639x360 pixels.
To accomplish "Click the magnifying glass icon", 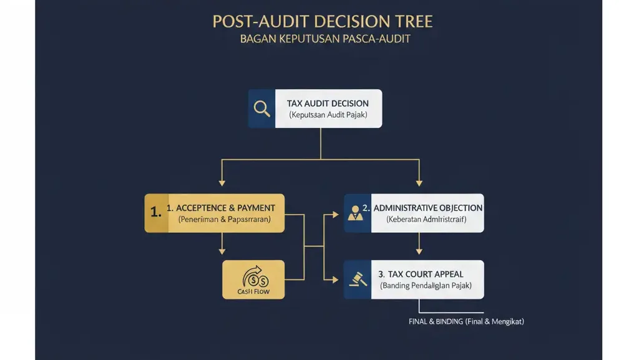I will coord(262,109).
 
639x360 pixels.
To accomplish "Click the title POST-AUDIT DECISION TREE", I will coord(322,21).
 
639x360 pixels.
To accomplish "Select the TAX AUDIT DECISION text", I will coord(328,104).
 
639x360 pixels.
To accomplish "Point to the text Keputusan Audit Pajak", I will coord(328,115).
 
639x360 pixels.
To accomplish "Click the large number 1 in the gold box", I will coord(156,212).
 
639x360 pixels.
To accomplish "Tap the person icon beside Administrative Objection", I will coord(356,213).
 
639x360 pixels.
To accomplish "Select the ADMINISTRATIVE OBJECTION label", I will coord(427,208).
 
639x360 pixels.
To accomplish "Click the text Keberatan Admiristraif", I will coord(426,220).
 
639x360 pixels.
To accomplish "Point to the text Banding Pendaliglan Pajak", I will coord(426,286).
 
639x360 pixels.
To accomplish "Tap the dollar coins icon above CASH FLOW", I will coord(253,275).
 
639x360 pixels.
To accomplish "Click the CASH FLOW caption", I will coord(253,291).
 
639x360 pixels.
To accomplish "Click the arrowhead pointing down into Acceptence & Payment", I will coord(222,183).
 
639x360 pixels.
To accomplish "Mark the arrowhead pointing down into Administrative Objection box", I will coord(419,183).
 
